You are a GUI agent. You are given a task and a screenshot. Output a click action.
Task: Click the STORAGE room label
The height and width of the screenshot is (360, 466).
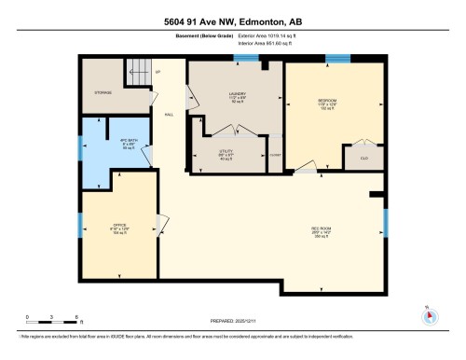103,93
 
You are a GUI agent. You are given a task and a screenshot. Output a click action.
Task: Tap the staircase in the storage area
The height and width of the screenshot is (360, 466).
137,74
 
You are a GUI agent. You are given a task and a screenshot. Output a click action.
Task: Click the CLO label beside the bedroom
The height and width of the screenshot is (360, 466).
363,159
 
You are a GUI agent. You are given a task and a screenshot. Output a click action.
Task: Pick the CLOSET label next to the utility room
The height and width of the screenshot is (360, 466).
274,153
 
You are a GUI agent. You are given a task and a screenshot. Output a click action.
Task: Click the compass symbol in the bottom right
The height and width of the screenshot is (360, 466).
430,315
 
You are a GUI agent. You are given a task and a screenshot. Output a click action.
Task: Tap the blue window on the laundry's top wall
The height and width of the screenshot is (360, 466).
247,60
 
